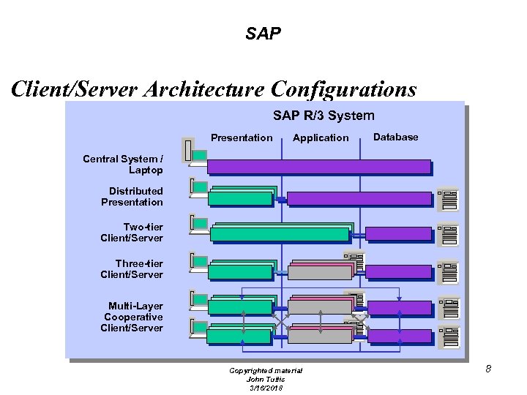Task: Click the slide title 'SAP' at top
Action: pyautogui.click(x=263, y=34)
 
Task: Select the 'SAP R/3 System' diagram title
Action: pyautogui.click(x=324, y=116)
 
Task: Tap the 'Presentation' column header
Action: pyautogui.click(x=242, y=138)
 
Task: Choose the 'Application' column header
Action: pyautogui.click(x=321, y=138)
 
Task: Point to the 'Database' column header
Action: pyautogui.click(x=396, y=137)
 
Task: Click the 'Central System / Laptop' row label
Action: pyautogui.click(x=123, y=165)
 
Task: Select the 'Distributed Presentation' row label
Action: pyautogui.click(x=132, y=197)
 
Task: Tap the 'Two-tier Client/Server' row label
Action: pyautogui.click(x=132, y=233)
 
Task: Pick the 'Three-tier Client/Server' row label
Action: pyautogui.click(x=132, y=268)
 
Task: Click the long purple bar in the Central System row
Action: pyautogui.click(x=319, y=167)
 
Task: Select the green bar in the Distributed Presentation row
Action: pyautogui.click(x=241, y=198)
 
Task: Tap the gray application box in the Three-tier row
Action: pyautogui.click(x=320, y=272)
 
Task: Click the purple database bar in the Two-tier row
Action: pyautogui.click(x=398, y=234)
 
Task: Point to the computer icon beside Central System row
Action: pyautogui.click(x=195, y=151)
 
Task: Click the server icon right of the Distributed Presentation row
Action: pyautogui.click(x=447, y=198)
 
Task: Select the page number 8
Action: pyautogui.click(x=487, y=369)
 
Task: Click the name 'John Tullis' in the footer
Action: pyautogui.click(x=265, y=379)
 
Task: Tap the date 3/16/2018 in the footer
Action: pyautogui.click(x=265, y=387)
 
